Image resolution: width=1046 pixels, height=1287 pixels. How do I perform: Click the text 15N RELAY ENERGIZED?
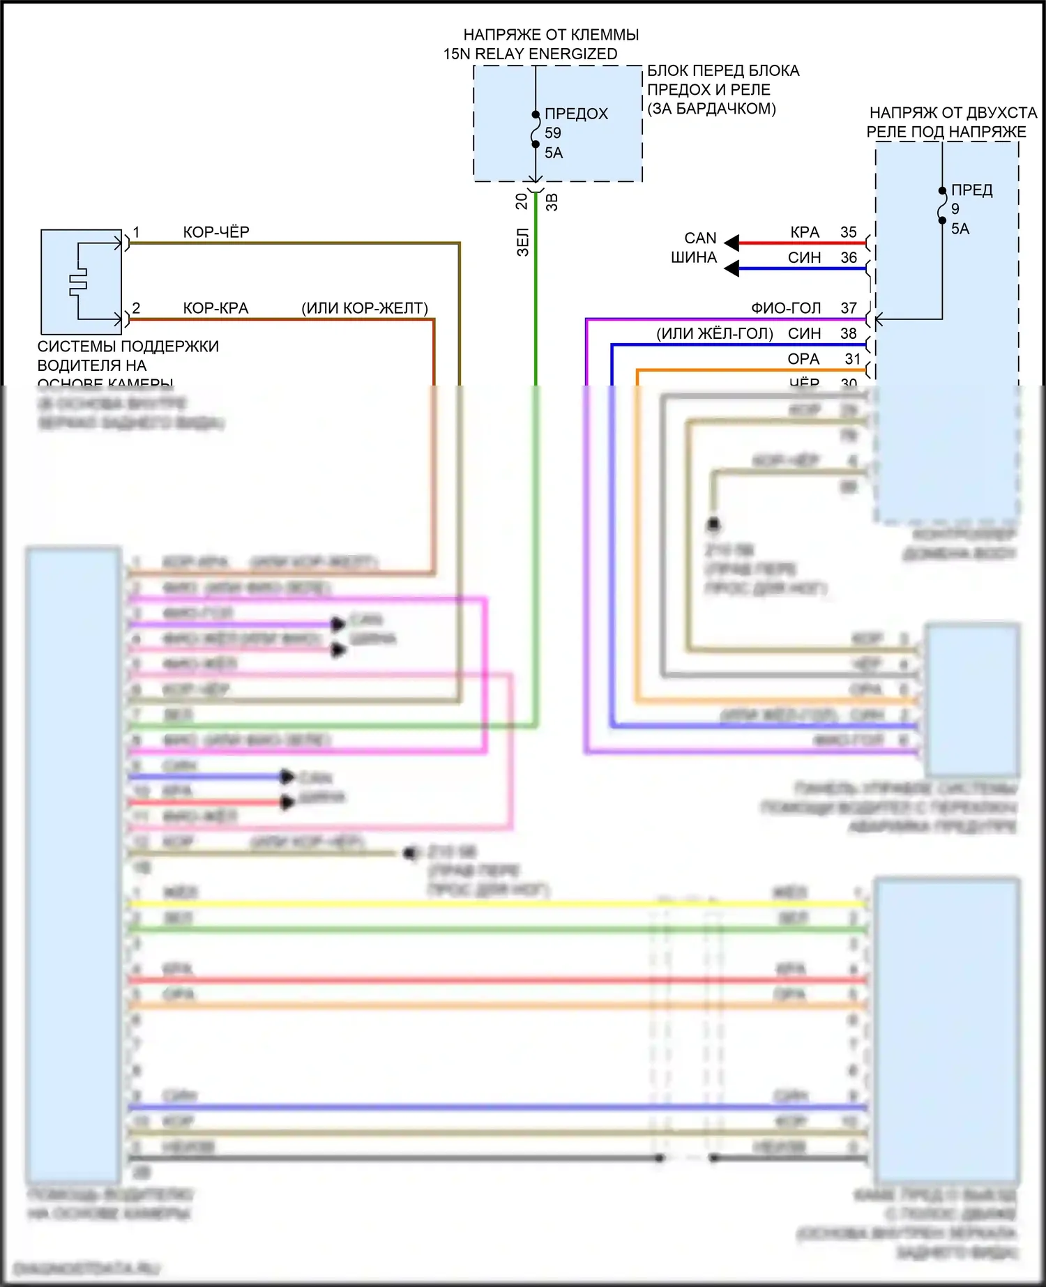pos(530,54)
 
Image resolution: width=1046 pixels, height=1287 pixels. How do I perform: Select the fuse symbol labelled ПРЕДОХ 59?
pos(536,130)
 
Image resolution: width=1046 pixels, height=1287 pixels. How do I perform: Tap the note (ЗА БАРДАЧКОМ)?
pos(711,109)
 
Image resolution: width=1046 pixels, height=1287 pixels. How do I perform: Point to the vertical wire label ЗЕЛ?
pos(523,242)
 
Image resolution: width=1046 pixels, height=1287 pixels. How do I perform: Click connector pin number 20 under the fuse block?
pos(522,201)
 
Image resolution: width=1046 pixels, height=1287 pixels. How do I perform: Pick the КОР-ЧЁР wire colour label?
pos(216,232)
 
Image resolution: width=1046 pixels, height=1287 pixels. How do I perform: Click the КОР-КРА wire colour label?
pos(215,308)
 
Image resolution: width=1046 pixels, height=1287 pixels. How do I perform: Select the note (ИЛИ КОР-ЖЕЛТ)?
pos(365,308)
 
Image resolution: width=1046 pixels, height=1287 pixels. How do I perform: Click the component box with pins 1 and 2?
pos(82,282)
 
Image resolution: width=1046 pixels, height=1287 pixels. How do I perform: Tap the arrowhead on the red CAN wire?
pos(732,243)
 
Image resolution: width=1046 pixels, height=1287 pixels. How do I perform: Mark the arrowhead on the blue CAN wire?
pos(732,268)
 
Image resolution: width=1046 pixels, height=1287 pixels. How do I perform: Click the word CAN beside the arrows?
pos(700,238)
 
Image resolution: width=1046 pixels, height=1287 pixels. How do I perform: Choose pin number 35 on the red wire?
pos(848,232)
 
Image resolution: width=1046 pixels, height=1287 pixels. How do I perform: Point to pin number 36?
pos(848,257)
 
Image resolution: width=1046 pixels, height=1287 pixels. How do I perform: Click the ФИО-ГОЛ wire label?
pos(786,308)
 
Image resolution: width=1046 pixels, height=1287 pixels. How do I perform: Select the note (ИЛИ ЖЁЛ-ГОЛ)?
pos(715,334)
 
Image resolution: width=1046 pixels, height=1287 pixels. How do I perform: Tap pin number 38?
pos(848,334)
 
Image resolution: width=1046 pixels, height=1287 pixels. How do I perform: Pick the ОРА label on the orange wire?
pos(803,359)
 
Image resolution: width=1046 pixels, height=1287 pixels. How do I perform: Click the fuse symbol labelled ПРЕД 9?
pos(942,206)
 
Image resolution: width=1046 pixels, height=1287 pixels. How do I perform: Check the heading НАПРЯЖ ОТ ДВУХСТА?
pos(953,113)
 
